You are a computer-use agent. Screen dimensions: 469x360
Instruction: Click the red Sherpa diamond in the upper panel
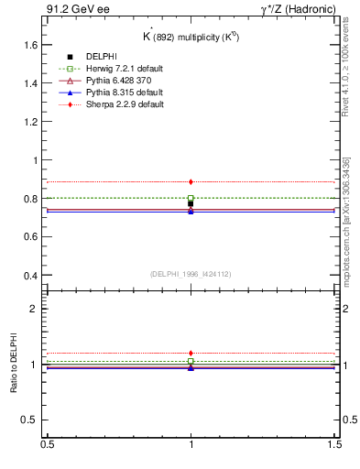tap(191, 182)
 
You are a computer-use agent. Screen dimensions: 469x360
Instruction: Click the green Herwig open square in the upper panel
tap(191, 198)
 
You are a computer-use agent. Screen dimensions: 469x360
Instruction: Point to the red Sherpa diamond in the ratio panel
tap(191, 353)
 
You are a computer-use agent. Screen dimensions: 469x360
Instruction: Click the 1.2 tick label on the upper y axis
tap(30, 121)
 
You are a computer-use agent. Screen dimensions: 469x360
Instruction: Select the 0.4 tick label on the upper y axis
tap(30, 276)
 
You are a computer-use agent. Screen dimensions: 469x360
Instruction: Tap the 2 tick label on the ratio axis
tap(35, 309)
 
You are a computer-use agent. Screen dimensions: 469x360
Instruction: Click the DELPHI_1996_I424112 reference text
tap(191, 273)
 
